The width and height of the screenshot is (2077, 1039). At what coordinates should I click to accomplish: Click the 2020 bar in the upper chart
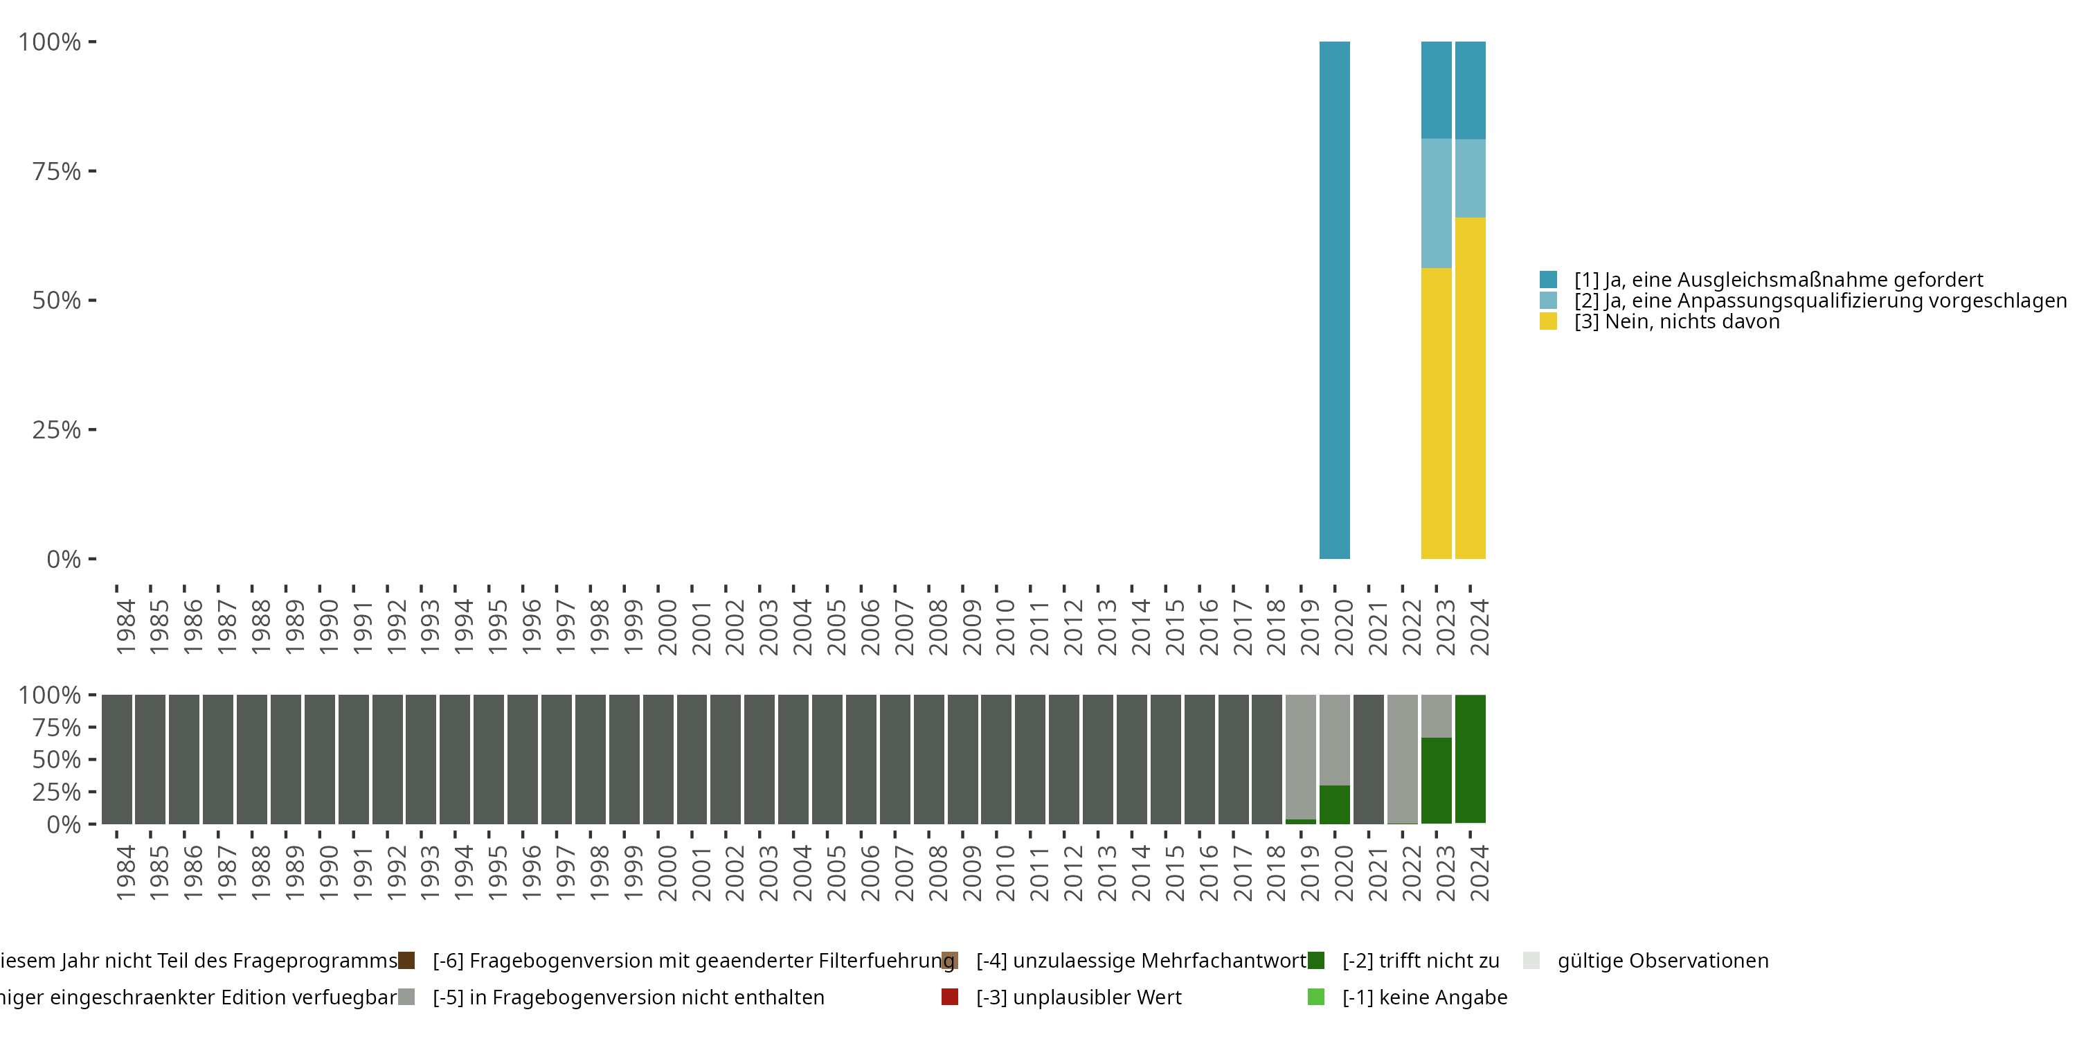coord(1334,300)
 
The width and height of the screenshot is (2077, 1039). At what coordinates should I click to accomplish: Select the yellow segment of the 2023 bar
coord(1436,413)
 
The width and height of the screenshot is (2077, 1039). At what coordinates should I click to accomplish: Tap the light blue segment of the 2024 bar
coord(1470,178)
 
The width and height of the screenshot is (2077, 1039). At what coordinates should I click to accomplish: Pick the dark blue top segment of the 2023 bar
coord(1436,89)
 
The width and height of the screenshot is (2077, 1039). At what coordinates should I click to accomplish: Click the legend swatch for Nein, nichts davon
coord(1548,322)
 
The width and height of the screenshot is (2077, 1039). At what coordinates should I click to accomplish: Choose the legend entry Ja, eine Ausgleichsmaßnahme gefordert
coord(1778,280)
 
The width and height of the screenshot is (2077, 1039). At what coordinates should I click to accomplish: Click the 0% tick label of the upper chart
coord(64,559)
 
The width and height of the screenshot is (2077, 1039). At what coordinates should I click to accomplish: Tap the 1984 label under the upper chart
coord(125,627)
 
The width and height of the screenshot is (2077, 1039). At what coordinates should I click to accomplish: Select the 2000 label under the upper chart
coord(667,627)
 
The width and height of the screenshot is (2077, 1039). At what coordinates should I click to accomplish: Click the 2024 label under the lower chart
coord(1479,873)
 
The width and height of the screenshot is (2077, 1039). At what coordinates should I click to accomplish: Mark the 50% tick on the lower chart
coord(57,760)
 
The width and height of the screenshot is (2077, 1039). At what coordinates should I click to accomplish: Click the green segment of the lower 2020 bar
coord(1334,804)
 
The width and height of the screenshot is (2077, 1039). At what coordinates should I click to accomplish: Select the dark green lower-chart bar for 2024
coord(1470,759)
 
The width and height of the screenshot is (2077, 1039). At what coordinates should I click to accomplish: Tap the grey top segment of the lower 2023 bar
coord(1436,716)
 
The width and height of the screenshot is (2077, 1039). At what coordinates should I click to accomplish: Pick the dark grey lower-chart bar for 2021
coord(1368,759)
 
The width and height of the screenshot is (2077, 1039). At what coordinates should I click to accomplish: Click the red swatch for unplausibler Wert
coord(950,997)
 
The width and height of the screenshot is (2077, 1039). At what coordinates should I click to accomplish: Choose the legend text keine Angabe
coord(1425,997)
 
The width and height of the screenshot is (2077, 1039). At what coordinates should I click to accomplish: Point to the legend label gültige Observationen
coord(1662,961)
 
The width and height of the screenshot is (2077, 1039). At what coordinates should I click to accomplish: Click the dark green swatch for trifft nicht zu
coord(1316,961)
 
